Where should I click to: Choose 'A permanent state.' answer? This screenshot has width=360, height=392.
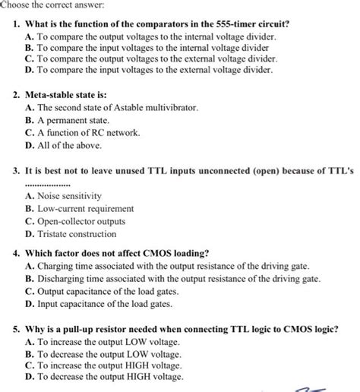(x=73, y=120)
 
